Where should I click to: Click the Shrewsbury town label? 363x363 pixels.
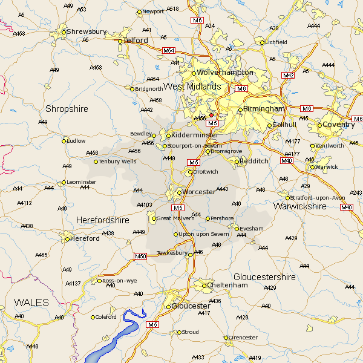tap(87, 31)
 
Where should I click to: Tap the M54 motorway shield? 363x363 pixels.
tap(169, 51)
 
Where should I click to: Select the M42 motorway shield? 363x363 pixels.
tap(288, 75)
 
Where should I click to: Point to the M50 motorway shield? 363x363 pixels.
tap(140, 257)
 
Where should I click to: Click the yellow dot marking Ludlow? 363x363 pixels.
tap(64, 141)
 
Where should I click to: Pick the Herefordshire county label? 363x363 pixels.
tap(102, 221)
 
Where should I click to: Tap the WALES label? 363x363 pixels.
tap(31, 301)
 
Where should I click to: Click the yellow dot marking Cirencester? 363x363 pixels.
tap(226, 338)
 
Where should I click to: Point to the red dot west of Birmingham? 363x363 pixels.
tap(211, 114)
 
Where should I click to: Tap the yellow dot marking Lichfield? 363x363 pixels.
tap(263, 42)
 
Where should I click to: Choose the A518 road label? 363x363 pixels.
tap(173, 9)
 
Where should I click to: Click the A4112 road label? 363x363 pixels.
tap(24, 203)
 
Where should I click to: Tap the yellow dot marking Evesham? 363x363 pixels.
tap(237, 229)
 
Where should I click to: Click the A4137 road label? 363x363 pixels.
tap(73, 284)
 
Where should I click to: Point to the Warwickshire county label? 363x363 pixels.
tap(299, 206)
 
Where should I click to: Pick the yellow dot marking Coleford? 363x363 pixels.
tap(93, 317)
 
